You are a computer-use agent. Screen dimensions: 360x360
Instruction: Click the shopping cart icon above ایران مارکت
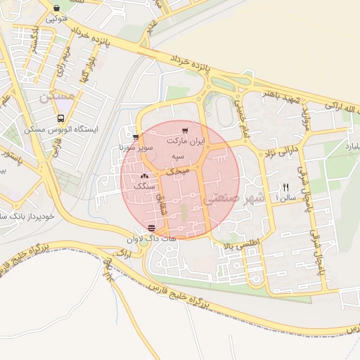(185, 130)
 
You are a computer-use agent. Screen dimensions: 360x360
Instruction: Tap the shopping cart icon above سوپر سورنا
(135, 138)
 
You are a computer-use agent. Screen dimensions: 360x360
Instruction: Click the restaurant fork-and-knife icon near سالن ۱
(285, 187)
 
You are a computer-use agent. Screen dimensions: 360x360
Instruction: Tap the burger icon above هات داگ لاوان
(152, 228)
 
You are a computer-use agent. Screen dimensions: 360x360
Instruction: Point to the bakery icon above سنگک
(145, 176)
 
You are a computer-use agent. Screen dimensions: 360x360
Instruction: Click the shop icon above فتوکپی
(56, 8)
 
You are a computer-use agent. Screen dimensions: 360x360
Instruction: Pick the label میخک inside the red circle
(178, 171)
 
